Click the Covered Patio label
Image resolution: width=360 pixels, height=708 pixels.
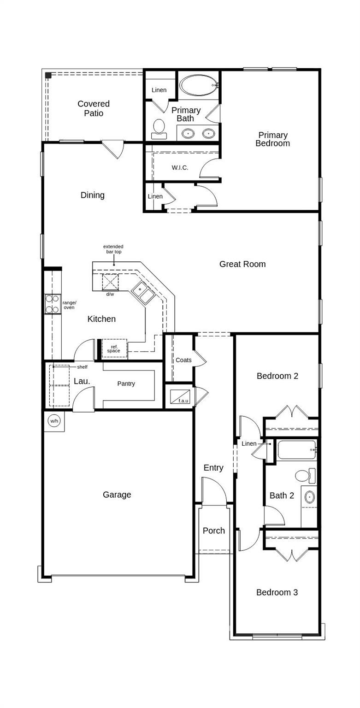[94, 109]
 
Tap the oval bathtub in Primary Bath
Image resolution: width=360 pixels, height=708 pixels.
[198, 85]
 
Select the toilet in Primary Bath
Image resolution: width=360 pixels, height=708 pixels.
[159, 129]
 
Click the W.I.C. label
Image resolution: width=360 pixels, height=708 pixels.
[180, 168]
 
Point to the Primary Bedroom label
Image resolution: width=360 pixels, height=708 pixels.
[272, 139]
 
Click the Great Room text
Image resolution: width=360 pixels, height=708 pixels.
[242, 264]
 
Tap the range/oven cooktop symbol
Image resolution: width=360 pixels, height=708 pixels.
[53, 304]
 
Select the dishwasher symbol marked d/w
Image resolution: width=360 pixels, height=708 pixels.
[110, 282]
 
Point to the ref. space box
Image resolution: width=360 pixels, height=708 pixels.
[114, 348]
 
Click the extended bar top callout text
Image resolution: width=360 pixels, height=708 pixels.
[113, 249]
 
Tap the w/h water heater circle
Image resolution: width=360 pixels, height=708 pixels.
[54, 421]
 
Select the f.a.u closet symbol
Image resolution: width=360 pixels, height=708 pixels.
[180, 396]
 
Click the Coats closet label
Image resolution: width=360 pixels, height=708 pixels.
[183, 360]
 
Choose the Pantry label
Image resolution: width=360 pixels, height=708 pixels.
[126, 383]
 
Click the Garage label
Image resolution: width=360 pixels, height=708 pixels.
[117, 495]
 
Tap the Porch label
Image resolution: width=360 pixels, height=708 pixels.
[214, 531]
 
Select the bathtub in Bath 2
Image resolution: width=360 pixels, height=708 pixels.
[297, 450]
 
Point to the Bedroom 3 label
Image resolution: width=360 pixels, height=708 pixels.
[277, 592]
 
